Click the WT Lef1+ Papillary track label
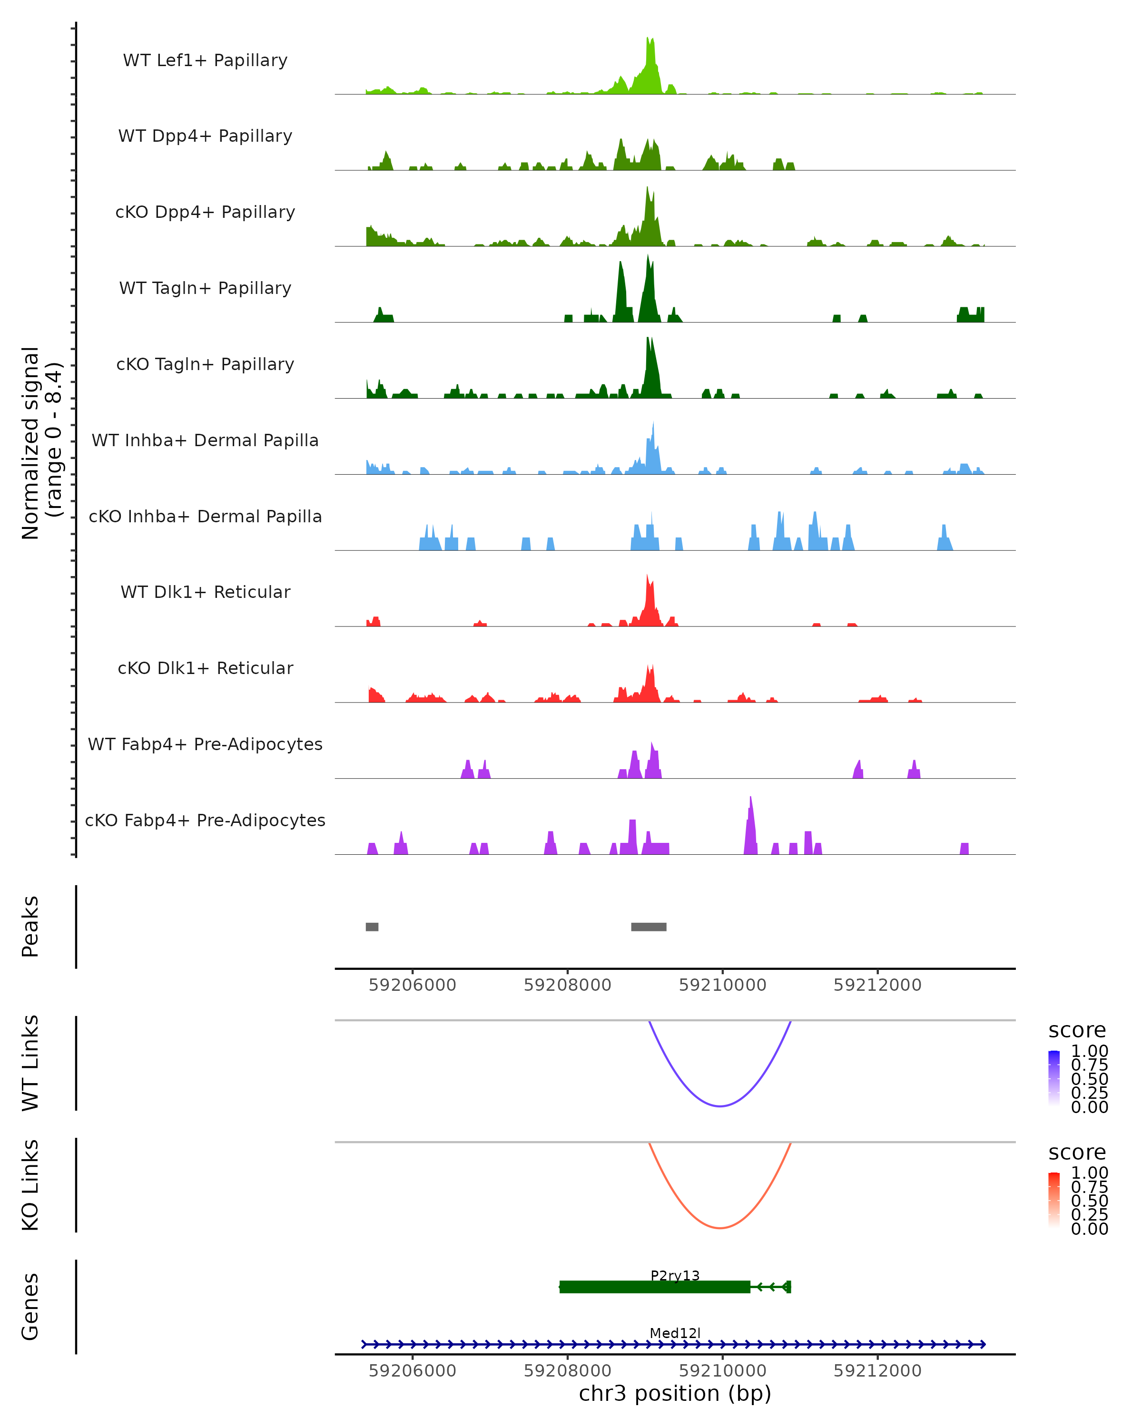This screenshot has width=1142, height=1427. pos(205,60)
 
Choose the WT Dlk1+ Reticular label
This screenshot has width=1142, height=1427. pos(205,592)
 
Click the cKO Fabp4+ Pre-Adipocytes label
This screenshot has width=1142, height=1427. pos(205,820)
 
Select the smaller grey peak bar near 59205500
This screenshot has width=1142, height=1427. pos(372,927)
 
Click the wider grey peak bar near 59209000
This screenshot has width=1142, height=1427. pos(649,927)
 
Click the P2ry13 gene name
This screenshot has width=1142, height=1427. pos(675,1275)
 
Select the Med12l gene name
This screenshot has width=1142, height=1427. pos(675,1333)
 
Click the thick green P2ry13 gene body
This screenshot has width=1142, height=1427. pos(655,1287)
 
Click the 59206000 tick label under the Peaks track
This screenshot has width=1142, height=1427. pos(413,985)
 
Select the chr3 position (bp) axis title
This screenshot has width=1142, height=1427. pos(675,1394)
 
